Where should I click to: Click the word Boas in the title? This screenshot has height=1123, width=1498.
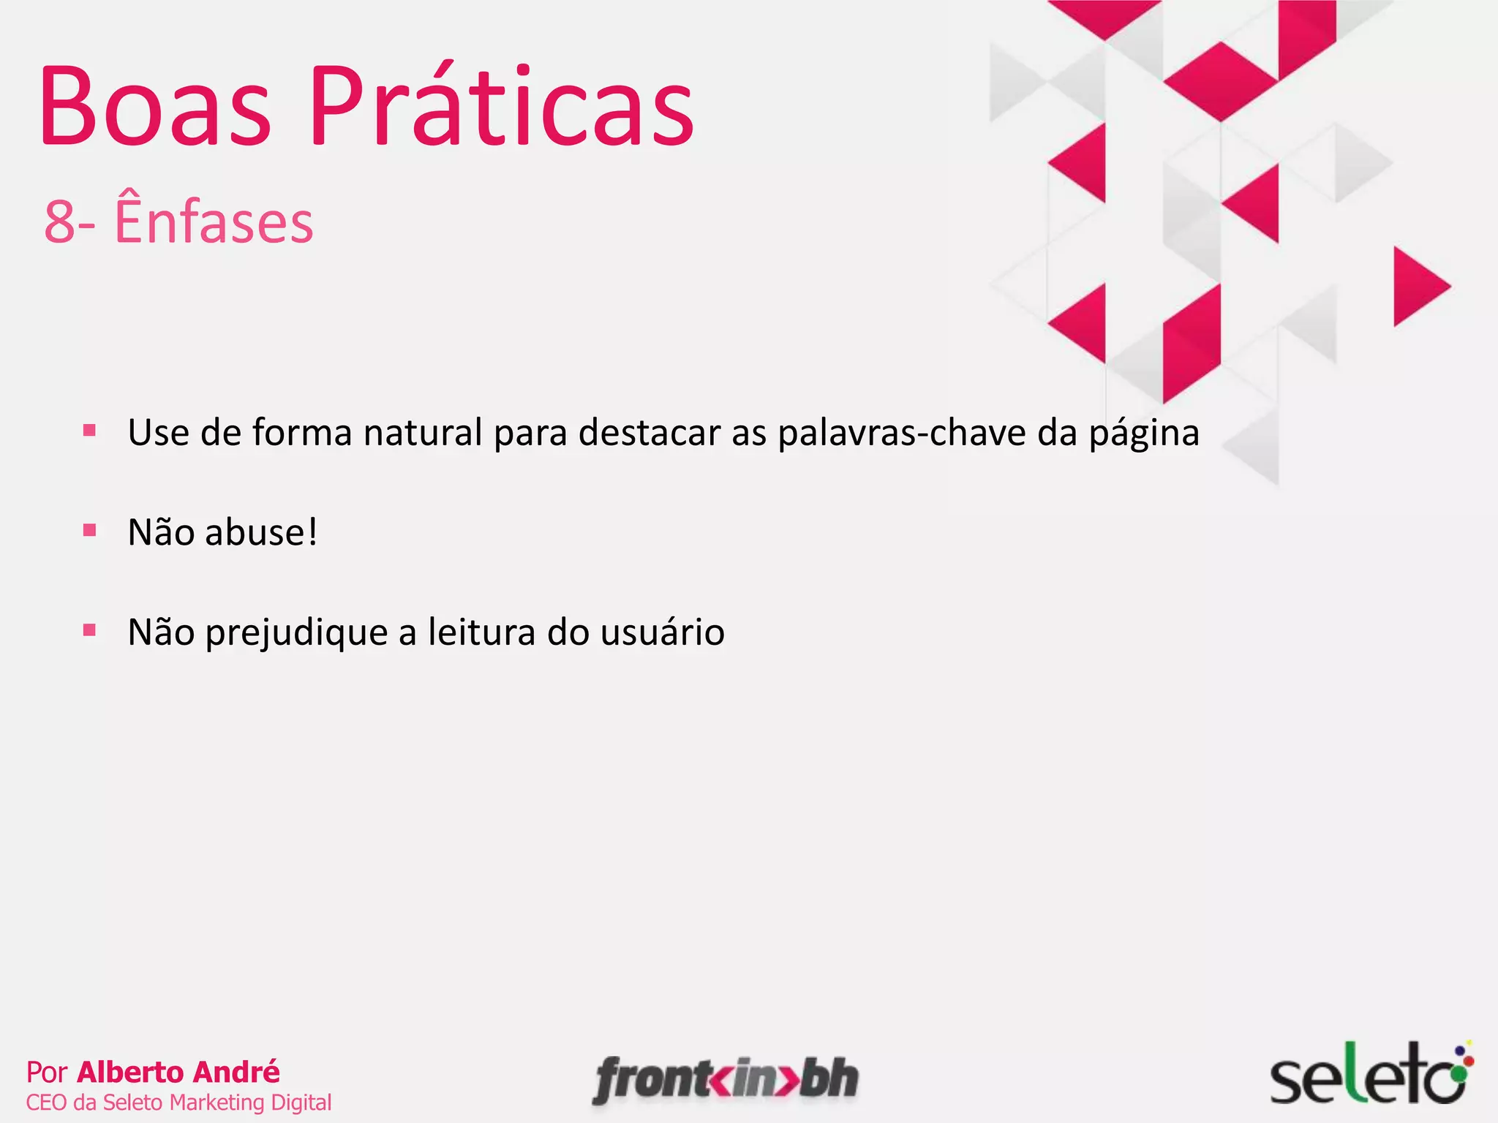[x=155, y=108]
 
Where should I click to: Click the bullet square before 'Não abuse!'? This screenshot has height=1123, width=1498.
[x=90, y=530]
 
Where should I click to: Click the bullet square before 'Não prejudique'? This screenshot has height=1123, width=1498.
[x=90, y=629]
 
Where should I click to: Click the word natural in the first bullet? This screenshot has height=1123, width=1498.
[x=423, y=432]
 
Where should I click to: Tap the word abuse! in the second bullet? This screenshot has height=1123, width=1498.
[x=261, y=532]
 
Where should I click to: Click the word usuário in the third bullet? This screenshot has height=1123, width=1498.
[x=662, y=632]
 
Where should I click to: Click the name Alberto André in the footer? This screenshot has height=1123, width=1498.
[x=178, y=1072]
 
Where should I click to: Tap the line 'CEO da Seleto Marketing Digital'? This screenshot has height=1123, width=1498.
[x=178, y=1102]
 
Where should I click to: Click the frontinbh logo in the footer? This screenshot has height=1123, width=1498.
[x=726, y=1079]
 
